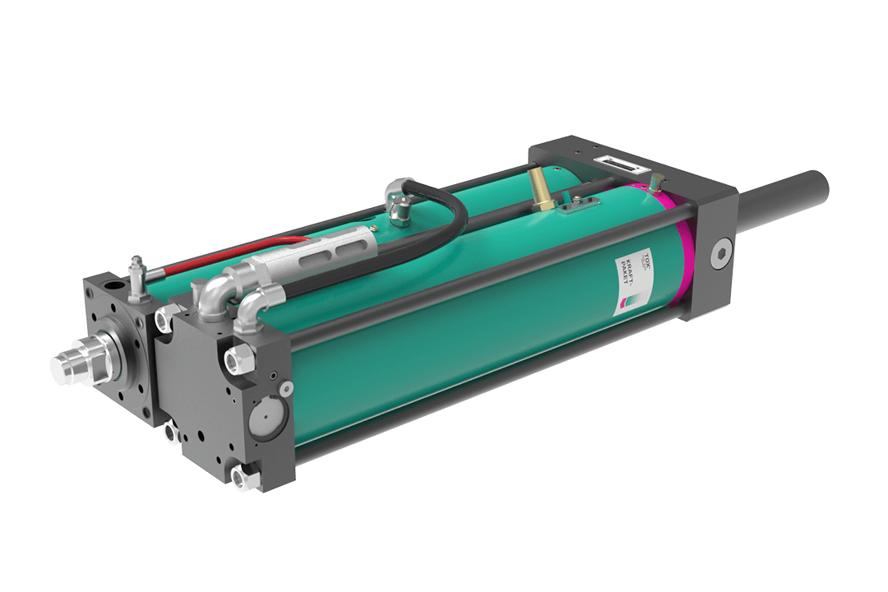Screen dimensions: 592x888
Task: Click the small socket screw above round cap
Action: [x=284, y=387]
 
